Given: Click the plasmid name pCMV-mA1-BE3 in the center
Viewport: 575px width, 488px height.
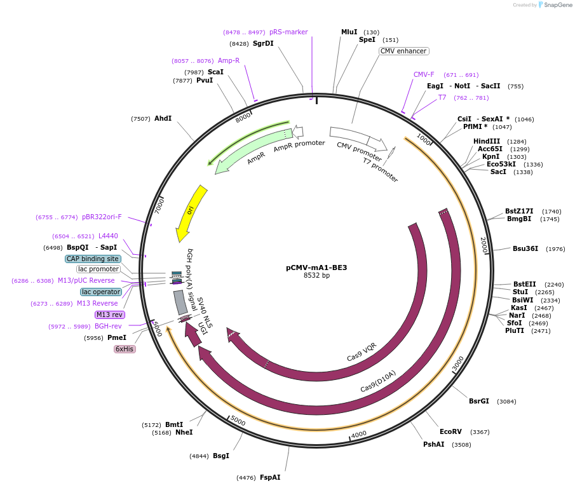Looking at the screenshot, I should click(316, 268).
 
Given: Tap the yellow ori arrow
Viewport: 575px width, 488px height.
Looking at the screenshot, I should click(191, 210).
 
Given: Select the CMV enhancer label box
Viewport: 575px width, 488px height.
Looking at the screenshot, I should click(404, 51).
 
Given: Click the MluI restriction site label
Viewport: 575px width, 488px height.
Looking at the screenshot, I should click(349, 32).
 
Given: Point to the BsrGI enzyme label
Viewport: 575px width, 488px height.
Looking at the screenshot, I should click(479, 401).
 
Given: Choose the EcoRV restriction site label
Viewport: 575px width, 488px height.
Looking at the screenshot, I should click(451, 431).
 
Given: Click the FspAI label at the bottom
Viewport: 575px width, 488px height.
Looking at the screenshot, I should click(269, 477).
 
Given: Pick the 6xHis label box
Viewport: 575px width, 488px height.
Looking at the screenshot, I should click(125, 349).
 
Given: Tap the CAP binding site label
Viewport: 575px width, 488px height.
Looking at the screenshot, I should click(92, 259).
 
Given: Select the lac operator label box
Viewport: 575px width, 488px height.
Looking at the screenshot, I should click(100, 292).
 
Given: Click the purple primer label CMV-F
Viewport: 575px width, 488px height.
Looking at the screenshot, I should click(424, 74).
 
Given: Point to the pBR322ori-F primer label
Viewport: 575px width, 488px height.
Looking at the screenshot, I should click(102, 217).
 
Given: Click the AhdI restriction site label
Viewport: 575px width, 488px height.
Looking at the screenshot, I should click(163, 118).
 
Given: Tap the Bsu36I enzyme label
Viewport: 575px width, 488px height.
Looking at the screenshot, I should click(525, 248).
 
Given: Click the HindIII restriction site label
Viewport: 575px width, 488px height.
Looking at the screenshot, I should click(487, 141).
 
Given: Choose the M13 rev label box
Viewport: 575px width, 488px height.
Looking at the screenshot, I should click(110, 315).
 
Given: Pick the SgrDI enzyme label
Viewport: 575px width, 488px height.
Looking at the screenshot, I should click(263, 43).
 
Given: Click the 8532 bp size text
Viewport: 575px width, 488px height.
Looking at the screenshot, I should click(316, 276).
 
